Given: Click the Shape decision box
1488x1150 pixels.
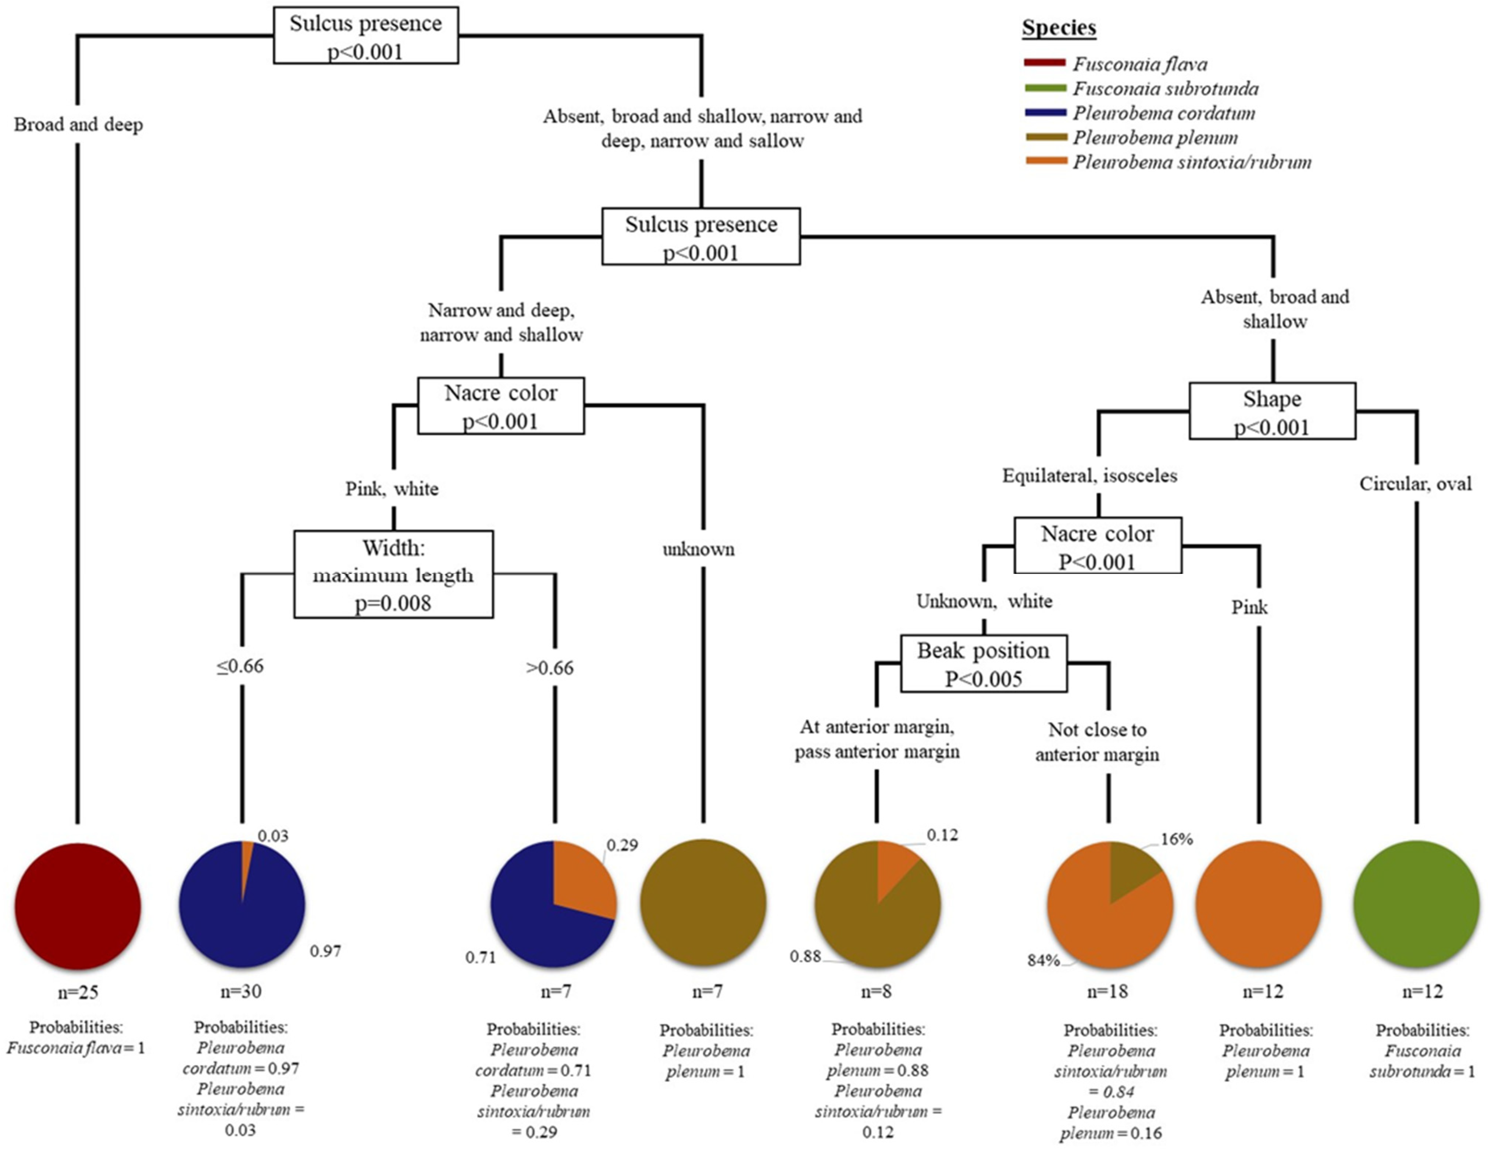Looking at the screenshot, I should (x=1272, y=411).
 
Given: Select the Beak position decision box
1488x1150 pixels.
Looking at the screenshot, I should (x=983, y=664).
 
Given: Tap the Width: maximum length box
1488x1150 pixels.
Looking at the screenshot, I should (x=393, y=574).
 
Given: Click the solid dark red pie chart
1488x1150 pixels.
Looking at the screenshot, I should (x=78, y=906).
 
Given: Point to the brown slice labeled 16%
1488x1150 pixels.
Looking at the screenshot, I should (x=1131, y=865).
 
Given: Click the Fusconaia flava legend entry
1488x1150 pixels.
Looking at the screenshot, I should (x=1140, y=64).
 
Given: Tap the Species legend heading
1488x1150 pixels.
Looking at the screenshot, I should (x=1059, y=28).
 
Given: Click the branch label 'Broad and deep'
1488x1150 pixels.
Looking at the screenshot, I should (x=78, y=125).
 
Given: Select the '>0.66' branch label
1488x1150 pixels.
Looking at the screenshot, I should (x=550, y=668).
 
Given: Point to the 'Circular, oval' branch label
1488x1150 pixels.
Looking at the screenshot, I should (x=1415, y=484).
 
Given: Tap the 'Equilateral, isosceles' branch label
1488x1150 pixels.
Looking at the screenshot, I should (x=1089, y=475).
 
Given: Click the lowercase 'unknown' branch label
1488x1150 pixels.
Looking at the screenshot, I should (x=698, y=549).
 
